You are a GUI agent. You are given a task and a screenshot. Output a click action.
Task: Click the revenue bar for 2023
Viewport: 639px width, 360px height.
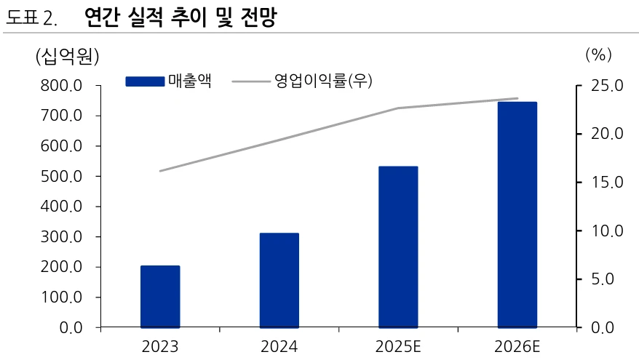160,297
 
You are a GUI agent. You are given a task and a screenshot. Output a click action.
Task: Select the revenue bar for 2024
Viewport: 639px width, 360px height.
279,281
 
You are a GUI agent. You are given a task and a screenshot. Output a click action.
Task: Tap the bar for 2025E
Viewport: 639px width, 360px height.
398,247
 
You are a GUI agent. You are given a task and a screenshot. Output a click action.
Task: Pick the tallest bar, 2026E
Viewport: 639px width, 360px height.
517,215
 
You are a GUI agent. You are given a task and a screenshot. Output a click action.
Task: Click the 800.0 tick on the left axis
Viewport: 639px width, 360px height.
61,86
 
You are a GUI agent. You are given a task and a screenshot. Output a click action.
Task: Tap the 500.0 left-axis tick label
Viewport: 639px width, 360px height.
61,177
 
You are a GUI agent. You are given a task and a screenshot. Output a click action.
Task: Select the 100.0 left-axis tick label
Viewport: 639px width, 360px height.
61,297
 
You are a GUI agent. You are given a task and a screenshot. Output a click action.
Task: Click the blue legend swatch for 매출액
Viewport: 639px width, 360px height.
145,81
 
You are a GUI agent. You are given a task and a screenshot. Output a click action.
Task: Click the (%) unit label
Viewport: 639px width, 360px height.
598,55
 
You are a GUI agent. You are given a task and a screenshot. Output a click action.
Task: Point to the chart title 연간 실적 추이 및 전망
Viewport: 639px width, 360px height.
181,17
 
